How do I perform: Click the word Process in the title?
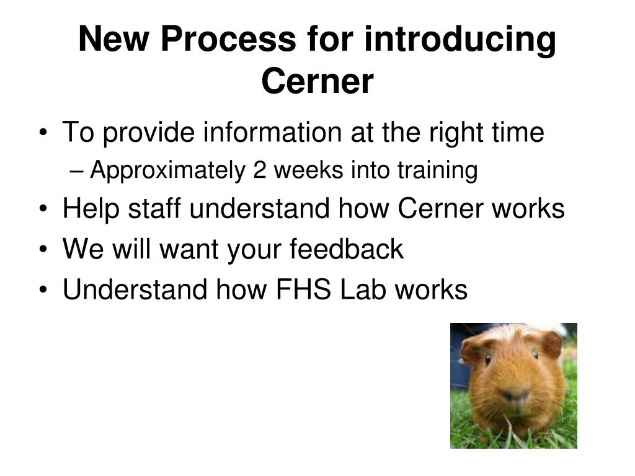[x=227, y=40]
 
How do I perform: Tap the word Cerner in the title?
[x=317, y=81]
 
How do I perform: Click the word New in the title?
[x=115, y=40]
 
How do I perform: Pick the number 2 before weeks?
[x=259, y=170]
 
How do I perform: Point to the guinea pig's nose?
[x=515, y=395]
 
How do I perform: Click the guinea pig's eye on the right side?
[x=534, y=354]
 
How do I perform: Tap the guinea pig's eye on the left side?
[x=488, y=359]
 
